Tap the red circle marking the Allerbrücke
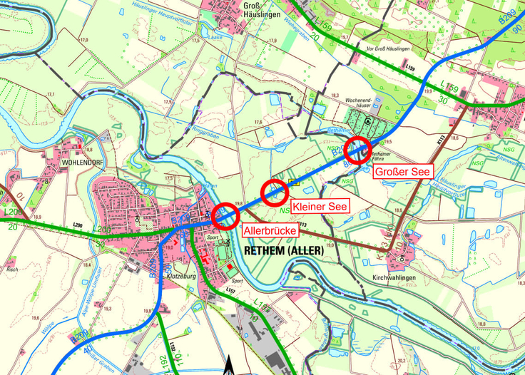click(x=225, y=215)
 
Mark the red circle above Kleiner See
click(x=274, y=192)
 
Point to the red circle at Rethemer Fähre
click(x=356, y=150)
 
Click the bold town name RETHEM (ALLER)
click(x=283, y=252)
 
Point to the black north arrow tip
click(x=230, y=361)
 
